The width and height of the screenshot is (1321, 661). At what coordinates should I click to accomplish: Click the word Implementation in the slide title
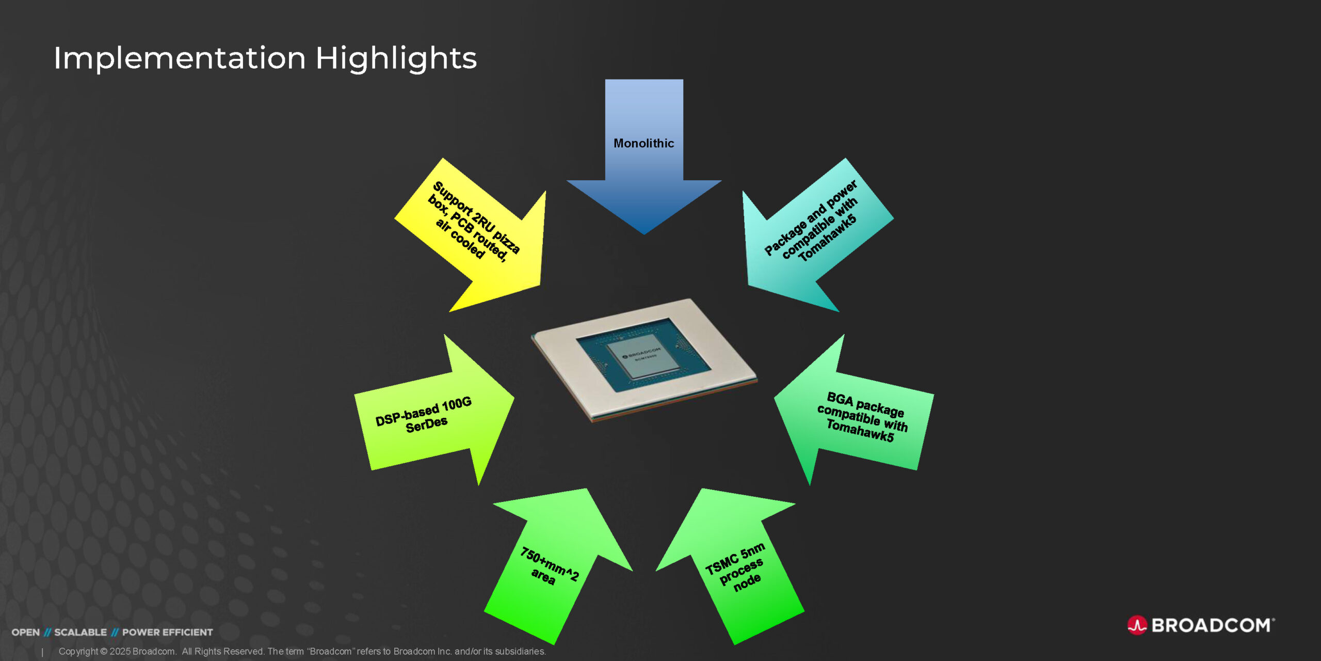pyautogui.click(x=180, y=57)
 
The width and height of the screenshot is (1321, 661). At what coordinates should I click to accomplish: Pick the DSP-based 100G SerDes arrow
pyautogui.click(x=433, y=413)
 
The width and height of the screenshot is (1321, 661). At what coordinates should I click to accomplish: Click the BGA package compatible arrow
pyautogui.click(x=857, y=413)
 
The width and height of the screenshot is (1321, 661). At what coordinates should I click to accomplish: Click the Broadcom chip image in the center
pyautogui.click(x=644, y=360)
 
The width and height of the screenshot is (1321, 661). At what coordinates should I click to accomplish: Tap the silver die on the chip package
pyautogui.click(x=643, y=355)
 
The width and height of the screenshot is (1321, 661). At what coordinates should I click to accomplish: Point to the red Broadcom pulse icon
pyautogui.click(x=1137, y=625)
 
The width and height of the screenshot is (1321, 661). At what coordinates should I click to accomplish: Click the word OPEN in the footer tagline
pyautogui.click(x=26, y=633)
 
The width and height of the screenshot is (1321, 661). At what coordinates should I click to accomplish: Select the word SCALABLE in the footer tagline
pyautogui.click(x=80, y=633)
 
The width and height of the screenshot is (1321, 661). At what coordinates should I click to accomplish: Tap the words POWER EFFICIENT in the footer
pyautogui.click(x=168, y=633)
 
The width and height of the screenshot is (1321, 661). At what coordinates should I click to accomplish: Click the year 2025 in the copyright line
pyautogui.click(x=120, y=652)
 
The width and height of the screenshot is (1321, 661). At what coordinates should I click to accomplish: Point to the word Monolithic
pyautogui.click(x=644, y=143)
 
